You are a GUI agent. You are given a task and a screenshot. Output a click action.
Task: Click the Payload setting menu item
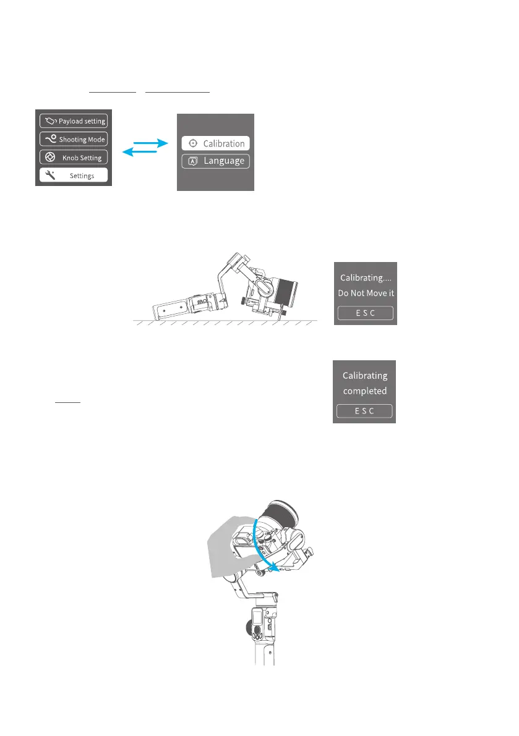click(x=73, y=121)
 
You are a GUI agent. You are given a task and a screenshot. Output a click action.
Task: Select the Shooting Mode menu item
click(x=73, y=139)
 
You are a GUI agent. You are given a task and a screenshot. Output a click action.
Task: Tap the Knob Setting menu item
click(x=73, y=157)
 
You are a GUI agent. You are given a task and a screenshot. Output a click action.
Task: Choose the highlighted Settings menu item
click(x=73, y=176)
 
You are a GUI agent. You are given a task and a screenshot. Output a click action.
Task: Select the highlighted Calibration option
click(x=215, y=143)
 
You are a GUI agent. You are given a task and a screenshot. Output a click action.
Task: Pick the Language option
click(x=215, y=161)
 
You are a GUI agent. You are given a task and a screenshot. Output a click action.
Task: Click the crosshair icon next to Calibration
click(x=193, y=143)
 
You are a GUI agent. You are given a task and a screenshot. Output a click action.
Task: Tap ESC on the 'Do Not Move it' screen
click(x=365, y=313)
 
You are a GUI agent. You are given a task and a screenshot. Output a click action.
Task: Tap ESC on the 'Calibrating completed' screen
click(x=364, y=412)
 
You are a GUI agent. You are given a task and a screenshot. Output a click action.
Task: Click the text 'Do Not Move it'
click(x=365, y=293)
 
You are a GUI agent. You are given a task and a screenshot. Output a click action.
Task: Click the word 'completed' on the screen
click(x=364, y=391)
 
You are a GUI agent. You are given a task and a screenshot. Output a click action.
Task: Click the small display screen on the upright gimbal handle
click(x=256, y=618)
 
